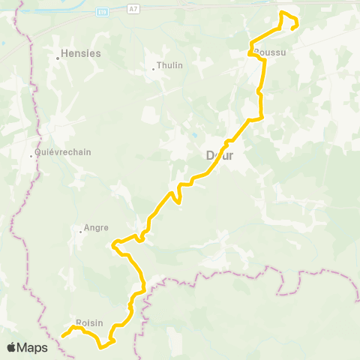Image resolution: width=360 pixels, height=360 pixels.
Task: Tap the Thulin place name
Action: coord(169,65)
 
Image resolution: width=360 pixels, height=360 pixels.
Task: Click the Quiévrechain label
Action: coord(66,152)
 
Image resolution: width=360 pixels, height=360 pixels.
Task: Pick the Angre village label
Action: coord(97,228)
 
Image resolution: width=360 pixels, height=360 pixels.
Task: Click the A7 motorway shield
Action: coord(133,9)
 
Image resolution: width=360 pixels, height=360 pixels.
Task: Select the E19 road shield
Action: coord(102,12)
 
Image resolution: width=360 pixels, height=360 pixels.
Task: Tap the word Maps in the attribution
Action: coord(33,347)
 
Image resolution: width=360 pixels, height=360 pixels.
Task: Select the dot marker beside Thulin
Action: coord(154,69)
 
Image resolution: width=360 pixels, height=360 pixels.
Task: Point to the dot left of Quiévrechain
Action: coord(32,156)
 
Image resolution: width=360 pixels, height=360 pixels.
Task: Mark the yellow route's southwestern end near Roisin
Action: coord(62,336)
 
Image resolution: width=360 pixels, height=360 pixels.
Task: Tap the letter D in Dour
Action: coord(210,156)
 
